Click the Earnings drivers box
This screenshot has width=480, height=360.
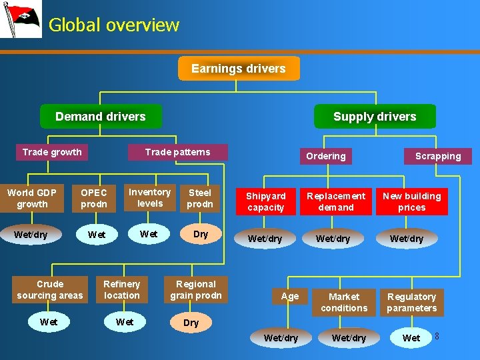pos(239,69)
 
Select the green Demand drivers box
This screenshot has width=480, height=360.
pos(101,117)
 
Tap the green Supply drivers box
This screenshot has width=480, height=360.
pos(375,117)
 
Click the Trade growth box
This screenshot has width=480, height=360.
pos(52,152)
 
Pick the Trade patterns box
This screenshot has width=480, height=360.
pos(177,152)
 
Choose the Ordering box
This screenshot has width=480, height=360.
pos(325,156)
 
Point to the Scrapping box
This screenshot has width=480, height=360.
pos(438,156)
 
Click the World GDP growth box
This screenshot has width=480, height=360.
pos(32,198)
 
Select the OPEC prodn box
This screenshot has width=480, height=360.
pos(94,198)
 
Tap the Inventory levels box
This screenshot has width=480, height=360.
pos(150,197)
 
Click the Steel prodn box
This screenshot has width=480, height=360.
pos(200,198)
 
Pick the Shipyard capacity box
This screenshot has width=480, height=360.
pos(265,201)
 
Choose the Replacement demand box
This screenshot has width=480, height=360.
pos(336,201)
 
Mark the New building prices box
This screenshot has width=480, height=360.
pos(412,201)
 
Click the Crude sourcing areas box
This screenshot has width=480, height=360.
pos(50,289)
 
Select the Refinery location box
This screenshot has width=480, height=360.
pos(122,289)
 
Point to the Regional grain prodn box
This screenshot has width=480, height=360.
pos(196,289)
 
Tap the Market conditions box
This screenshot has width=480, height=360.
pos(344,302)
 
